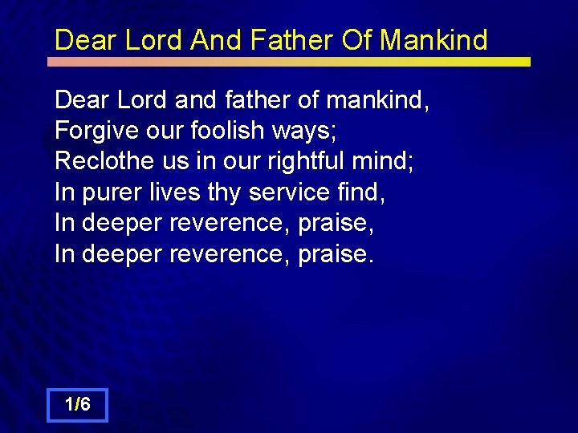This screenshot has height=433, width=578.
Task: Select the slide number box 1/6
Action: (77, 406)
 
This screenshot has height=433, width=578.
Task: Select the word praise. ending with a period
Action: (336, 254)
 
